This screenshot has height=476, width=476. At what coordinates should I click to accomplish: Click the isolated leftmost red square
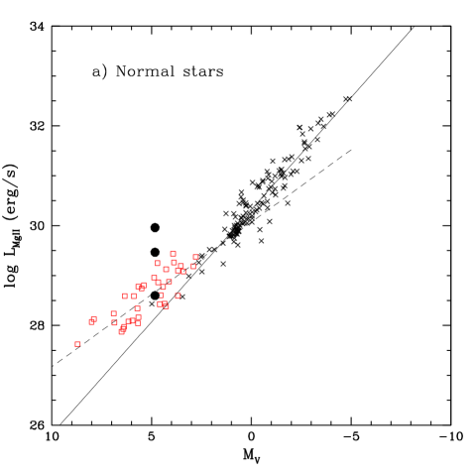click(x=77, y=344)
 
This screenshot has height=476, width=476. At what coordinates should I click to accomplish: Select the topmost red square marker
click(x=173, y=253)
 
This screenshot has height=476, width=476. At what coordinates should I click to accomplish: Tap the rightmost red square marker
click(x=195, y=257)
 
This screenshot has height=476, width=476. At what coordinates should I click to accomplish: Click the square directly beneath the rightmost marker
click(x=193, y=266)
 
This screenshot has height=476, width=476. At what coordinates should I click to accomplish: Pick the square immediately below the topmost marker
click(x=174, y=262)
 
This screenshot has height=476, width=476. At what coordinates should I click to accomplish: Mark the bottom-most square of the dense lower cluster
click(x=122, y=331)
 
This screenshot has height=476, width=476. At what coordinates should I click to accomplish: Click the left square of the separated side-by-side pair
click(x=125, y=296)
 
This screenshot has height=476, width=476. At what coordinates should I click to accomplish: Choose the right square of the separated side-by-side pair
click(x=135, y=296)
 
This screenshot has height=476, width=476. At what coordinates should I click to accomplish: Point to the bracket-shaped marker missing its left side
click(x=162, y=295)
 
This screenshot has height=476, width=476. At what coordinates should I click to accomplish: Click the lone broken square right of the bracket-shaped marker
click(x=178, y=296)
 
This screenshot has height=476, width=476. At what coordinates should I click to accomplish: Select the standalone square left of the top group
click(x=158, y=264)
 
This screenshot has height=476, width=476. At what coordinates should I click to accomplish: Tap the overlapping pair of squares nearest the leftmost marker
click(x=92, y=320)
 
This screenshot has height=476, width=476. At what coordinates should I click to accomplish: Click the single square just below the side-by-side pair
click(x=137, y=308)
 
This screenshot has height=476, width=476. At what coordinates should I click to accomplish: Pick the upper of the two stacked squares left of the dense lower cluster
click(x=113, y=313)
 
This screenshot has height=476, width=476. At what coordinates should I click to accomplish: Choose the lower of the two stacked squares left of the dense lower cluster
click(x=114, y=322)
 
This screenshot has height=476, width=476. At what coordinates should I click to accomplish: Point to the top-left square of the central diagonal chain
click(x=154, y=278)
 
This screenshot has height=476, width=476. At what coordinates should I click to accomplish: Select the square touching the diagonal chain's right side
click(x=169, y=282)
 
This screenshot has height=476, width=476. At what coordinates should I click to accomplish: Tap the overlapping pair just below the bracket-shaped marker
click(x=164, y=304)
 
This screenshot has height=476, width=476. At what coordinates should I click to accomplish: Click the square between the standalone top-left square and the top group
click(x=166, y=269)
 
